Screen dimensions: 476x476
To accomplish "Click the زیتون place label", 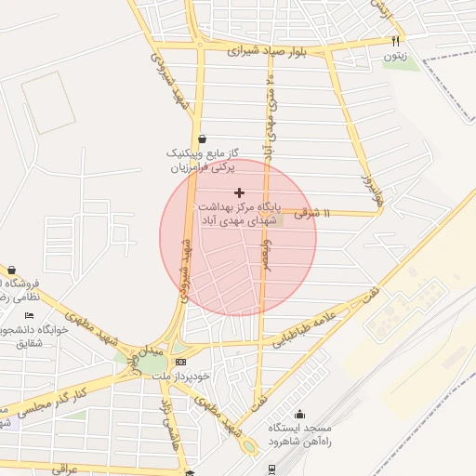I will click(395, 56).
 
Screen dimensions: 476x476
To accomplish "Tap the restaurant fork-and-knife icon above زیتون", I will click(395, 41).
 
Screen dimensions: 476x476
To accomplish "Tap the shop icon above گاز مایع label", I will click(202, 139).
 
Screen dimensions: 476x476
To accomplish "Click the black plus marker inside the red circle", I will click(239, 192).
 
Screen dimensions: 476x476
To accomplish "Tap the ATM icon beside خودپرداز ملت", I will click(179, 362).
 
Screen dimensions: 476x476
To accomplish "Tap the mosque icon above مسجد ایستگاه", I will click(299, 415).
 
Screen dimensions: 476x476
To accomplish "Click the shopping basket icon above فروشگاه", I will click(11, 271).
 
